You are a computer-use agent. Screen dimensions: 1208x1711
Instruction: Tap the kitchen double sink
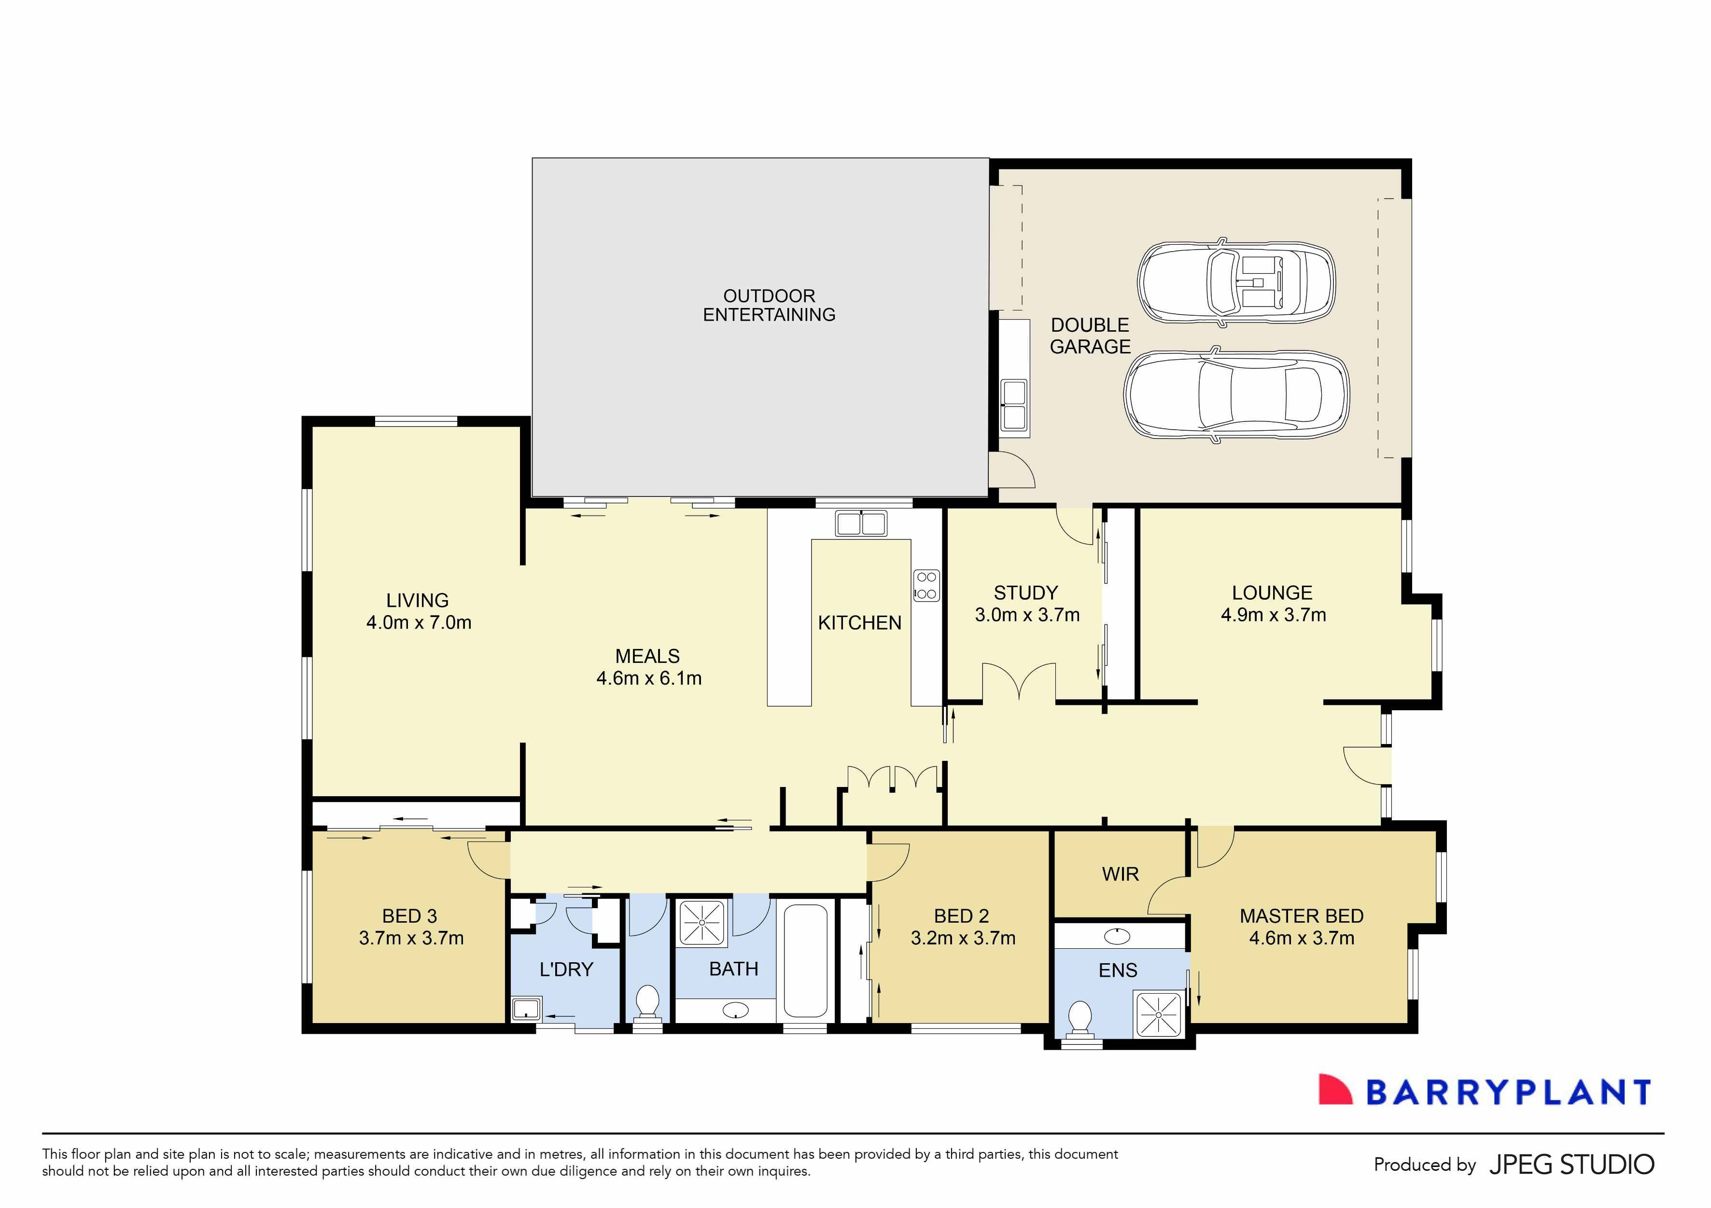[861, 523]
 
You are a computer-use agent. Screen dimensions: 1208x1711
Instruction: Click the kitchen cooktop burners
[926, 585]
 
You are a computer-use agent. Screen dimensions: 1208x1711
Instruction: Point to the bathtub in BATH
[806, 961]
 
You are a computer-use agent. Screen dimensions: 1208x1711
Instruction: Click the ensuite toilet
[1080, 1019]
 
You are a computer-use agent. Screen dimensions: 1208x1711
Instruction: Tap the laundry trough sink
[527, 1010]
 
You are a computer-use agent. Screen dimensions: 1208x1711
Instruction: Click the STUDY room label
[1025, 593]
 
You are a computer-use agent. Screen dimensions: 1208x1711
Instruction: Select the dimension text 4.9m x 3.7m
[1273, 615]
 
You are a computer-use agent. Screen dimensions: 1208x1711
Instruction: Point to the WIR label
[1120, 874]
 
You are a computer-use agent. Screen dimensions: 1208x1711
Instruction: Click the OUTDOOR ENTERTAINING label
[769, 306]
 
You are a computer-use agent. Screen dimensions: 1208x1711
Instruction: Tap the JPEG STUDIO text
[1571, 1165]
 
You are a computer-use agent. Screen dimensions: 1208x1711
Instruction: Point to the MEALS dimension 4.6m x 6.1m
[648, 678]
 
